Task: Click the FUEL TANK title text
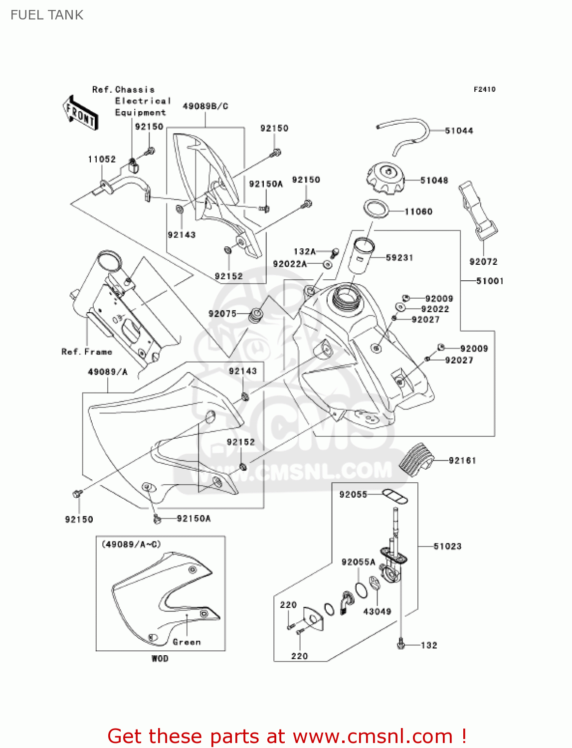pyautogui.click(x=47, y=15)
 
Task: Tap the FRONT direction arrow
pyautogui.click(x=80, y=113)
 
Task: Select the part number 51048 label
pyautogui.click(x=434, y=181)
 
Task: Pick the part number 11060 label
pyautogui.click(x=418, y=212)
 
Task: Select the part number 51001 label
pyautogui.click(x=490, y=281)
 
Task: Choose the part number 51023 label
pyautogui.click(x=447, y=547)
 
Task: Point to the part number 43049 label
pyautogui.click(x=377, y=612)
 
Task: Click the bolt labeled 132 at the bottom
pyautogui.click(x=400, y=645)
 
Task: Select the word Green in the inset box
pyautogui.click(x=187, y=642)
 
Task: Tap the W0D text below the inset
pyautogui.click(x=160, y=659)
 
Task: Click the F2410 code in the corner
pyautogui.click(x=484, y=90)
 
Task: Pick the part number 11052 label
pyautogui.click(x=102, y=160)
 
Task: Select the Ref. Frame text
pyautogui.click(x=87, y=352)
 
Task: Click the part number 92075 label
pyautogui.click(x=222, y=314)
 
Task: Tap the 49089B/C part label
pyautogui.click(x=205, y=106)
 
